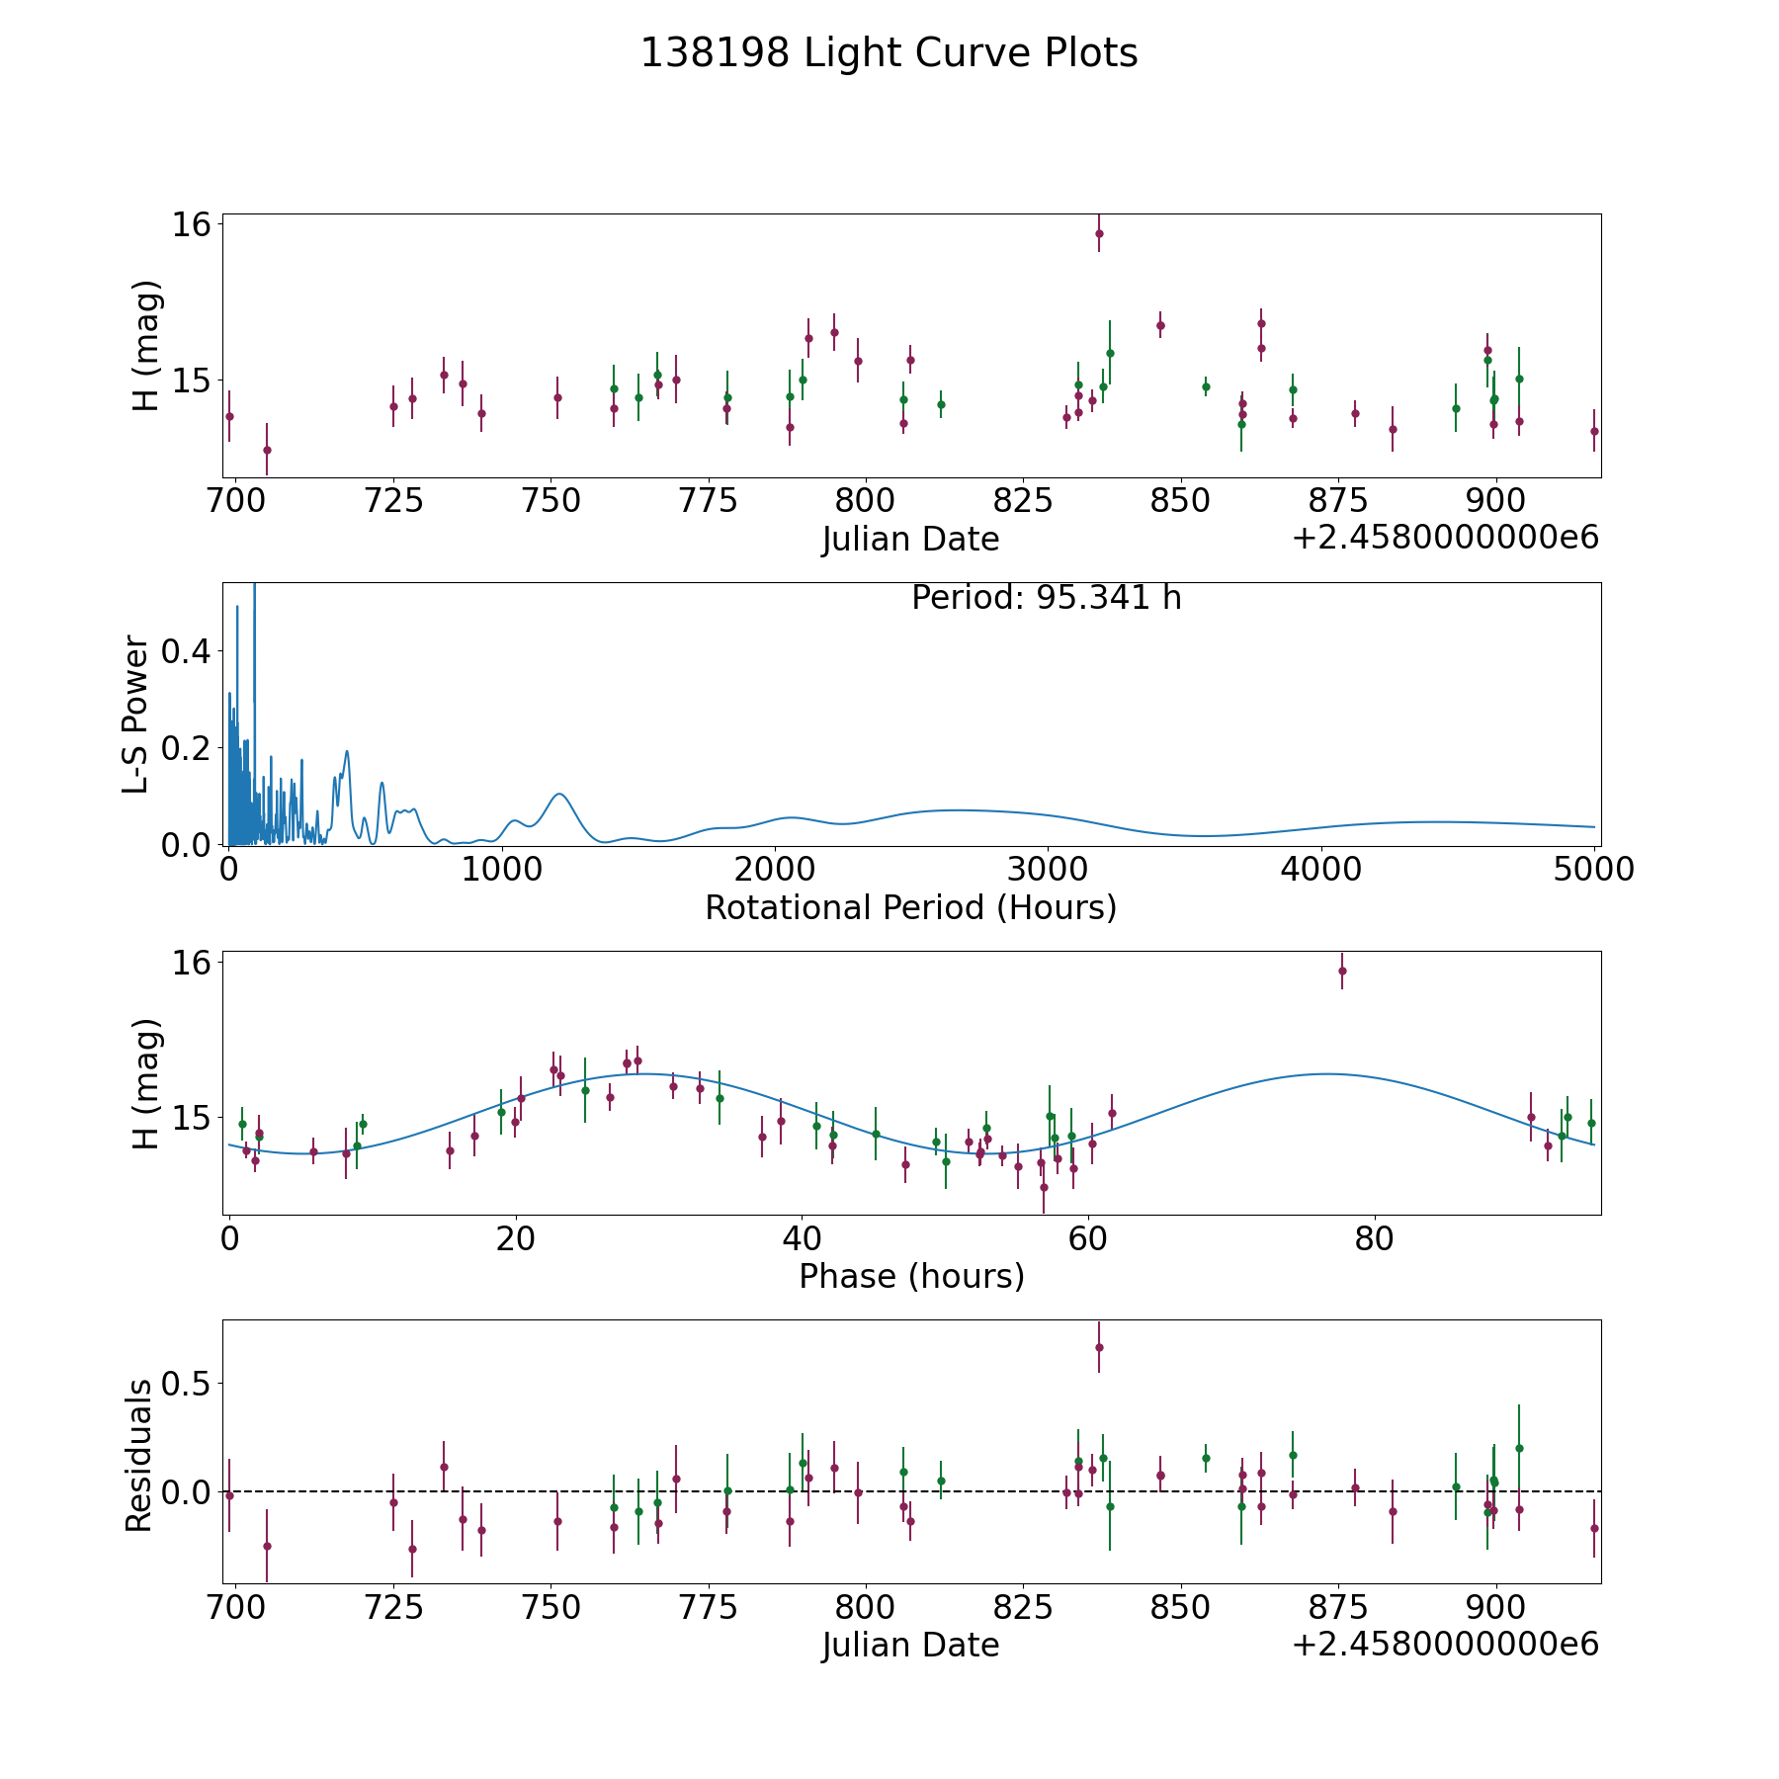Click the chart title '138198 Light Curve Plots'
coord(889,53)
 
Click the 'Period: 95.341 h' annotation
coord(1046,598)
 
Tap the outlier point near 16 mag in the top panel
coord(1099,233)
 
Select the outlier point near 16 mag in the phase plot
coord(1342,971)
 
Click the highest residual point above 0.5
coord(1099,1347)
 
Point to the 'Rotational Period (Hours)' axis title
coord(910,907)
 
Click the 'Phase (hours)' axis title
coord(910,1276)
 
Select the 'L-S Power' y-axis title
coord(136,714)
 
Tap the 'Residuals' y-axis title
coord(138,1455)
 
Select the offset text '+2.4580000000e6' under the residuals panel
coord(1445,1645)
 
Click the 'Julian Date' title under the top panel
coord(910,540)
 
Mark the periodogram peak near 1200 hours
coord(559,794)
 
